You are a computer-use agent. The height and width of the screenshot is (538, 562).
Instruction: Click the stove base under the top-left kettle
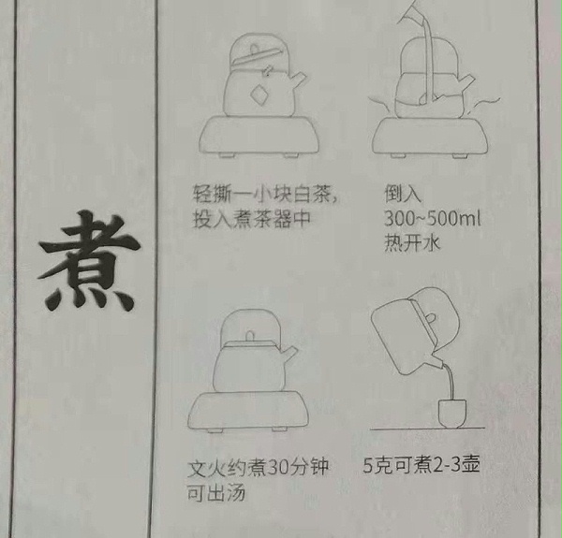pos(256,136)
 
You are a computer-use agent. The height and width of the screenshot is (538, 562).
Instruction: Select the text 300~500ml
pos(432,220)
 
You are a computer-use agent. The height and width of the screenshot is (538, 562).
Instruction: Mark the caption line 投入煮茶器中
pos(249,220)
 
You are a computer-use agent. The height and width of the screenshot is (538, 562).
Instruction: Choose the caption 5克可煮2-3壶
pos(421,465)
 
